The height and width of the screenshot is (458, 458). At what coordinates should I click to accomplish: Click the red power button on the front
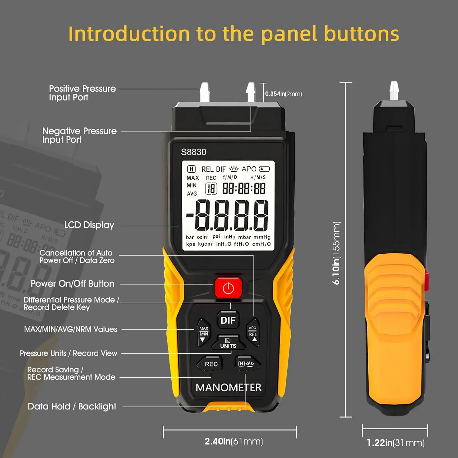tap(228, 288)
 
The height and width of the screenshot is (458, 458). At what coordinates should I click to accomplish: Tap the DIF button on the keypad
tap(228, 320)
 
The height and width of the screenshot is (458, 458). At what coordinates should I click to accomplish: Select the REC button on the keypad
tap(210, 364)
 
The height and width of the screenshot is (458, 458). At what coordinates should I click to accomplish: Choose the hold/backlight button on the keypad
tap(247, 363)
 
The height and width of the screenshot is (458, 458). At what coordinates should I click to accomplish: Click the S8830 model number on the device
tap(194, 152)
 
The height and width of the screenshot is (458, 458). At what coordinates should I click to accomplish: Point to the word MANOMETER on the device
tap(228, 387)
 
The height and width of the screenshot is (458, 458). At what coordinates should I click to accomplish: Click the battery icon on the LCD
tap(264, 169)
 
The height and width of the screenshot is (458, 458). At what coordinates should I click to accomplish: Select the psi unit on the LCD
tap(216, 236)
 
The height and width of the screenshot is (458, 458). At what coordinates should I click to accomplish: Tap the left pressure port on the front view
tap(205, 92)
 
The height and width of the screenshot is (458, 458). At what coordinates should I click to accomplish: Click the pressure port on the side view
tap(394, 91)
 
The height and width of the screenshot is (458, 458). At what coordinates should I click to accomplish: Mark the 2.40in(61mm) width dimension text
tap(234, 441)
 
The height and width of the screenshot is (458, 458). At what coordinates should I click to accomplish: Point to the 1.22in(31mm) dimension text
tap(396, 443)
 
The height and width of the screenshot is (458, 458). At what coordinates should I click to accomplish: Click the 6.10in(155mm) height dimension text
tap(336, 253)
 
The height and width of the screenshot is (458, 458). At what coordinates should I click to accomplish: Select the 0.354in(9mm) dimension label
tap(283, 94)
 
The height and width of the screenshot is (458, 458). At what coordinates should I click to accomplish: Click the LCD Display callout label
tap(89, 225)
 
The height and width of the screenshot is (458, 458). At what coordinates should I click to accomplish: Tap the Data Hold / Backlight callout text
tap(72, 406)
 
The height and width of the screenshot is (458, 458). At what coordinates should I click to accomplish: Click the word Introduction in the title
tap(129, 34)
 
